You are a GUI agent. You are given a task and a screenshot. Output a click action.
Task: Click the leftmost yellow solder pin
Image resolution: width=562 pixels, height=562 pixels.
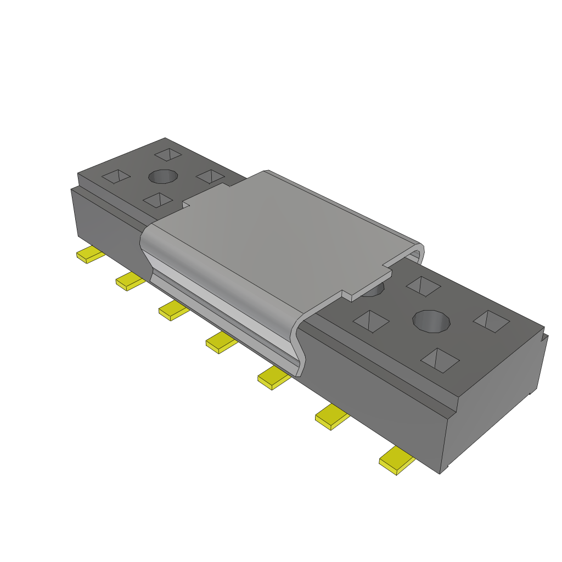point(89,255)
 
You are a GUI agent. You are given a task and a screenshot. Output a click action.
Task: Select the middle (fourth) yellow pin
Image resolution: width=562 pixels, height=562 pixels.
point(221,342)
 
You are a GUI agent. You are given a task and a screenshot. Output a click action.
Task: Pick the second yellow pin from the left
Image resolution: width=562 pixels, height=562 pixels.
point(130,281)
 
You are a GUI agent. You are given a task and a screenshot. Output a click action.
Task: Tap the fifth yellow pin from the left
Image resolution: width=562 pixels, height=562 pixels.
point(273,378)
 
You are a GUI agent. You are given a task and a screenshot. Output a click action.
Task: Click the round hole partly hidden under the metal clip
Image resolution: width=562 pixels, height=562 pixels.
point(373,290)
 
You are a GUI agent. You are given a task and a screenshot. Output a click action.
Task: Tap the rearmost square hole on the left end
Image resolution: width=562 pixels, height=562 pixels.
point(167,154)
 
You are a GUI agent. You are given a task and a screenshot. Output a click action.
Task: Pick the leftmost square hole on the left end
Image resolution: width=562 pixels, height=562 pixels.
point(116,176)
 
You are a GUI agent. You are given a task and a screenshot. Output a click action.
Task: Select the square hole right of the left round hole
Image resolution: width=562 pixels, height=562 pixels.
point(209,176)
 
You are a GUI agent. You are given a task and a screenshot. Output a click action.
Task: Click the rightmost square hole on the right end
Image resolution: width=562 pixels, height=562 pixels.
point(491,321)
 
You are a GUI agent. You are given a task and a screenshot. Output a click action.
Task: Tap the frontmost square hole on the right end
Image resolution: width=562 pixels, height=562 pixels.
point(440,359)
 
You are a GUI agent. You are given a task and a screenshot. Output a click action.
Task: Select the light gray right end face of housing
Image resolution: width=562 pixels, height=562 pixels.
point(494,406)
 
